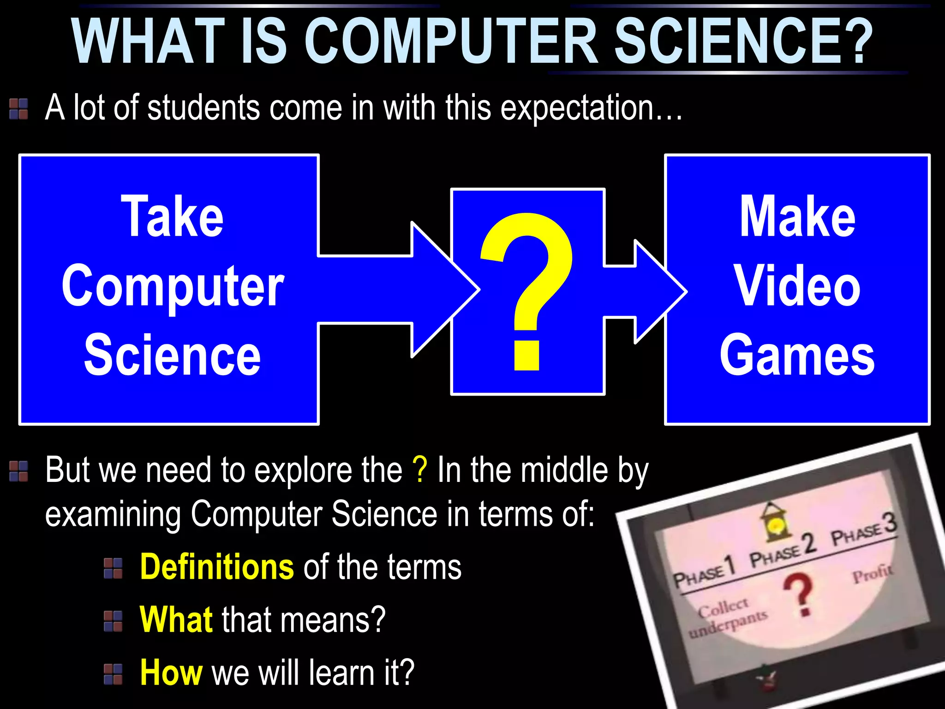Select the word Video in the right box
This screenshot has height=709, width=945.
coord(797,286)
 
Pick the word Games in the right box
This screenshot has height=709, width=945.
coord(797,355)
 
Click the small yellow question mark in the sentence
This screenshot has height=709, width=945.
coord(420,470)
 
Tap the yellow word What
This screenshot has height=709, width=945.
coord(176,619)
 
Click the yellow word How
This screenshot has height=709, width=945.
coord(171,672)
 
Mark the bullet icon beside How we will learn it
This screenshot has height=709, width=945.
coord(113,673)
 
